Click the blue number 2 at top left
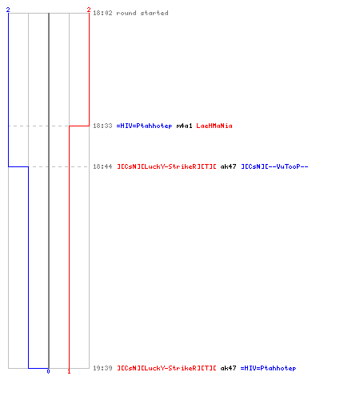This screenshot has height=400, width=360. coord(8,10)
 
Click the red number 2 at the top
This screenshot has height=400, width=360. coord(89,10)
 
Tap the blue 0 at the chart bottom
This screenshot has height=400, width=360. coord(48,371)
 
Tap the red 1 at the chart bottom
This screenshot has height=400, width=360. coord(69,371)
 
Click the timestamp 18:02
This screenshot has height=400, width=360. coord(102,13)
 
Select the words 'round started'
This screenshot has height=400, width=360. coord(142,13)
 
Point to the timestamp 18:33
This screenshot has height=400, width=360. coord(102,126)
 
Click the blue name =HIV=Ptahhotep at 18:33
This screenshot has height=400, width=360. coord(144,126)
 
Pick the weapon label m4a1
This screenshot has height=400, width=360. coord(184,126)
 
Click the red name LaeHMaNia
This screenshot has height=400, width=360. coord(214,126)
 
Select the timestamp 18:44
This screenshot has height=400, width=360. coord(102,166)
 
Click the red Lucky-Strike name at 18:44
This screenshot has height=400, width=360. coord(166,166)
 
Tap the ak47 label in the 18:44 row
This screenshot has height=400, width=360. coord(228,166)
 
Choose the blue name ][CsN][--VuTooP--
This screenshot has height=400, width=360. coord(274,166)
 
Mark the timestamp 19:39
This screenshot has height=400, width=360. coord(102,368)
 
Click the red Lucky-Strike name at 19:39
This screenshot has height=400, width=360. coord(166,368)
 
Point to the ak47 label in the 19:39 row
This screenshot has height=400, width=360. coord(228,368)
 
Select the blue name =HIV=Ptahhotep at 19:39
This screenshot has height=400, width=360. coord(268,368)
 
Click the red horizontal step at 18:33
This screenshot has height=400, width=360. coord(79,126)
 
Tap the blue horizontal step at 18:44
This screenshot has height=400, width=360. coord(18,166)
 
